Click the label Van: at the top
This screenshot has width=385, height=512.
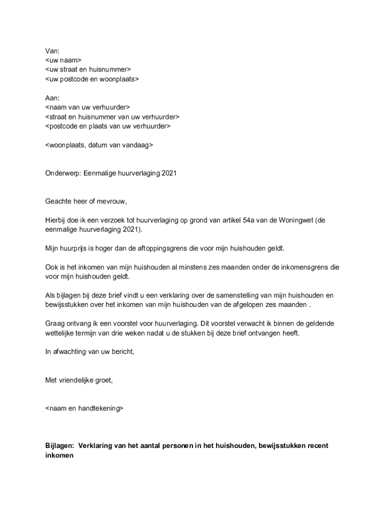tap(52, 50)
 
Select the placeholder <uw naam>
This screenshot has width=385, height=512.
tap(63, 60)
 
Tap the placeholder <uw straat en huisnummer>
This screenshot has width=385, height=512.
tap(87, 69)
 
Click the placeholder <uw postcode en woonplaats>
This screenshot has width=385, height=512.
tap(92, 79)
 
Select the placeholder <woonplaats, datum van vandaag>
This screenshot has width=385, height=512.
tap(99, 145)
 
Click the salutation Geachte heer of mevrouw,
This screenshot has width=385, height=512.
tap(86, 202)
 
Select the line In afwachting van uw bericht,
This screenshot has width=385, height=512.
tap(90, 352)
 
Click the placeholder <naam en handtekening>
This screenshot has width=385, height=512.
tap(84, 408)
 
